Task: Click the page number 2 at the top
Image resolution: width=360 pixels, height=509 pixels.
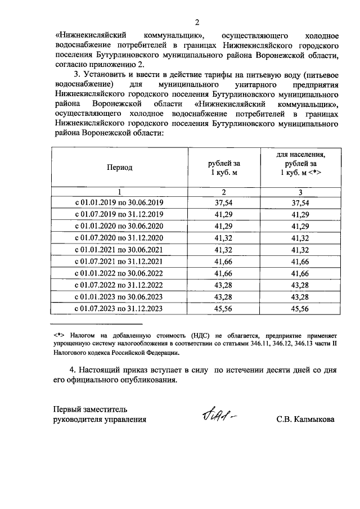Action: (x=196, y=22)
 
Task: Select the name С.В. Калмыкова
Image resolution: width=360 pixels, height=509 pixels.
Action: (x=305, y=419)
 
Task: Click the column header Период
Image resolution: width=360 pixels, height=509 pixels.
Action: (x=119, y=168)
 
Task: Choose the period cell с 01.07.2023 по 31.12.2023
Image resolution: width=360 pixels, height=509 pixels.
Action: (x=119, y=308)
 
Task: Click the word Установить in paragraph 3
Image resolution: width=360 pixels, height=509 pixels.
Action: (x=106, y=74)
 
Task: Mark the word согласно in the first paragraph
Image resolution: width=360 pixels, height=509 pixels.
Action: (x=71, y=64)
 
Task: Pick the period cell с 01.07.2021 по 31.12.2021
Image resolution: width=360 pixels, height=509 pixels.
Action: (x=119, y=261)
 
